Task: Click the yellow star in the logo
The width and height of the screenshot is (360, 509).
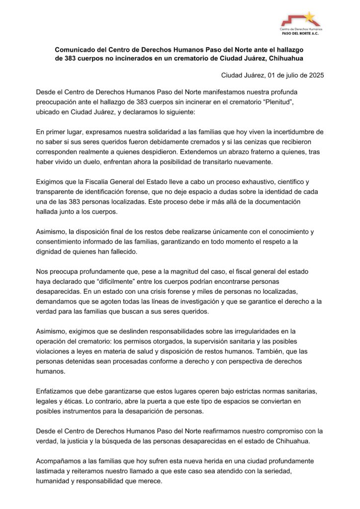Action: pyautogui.click(x=309, y=17)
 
